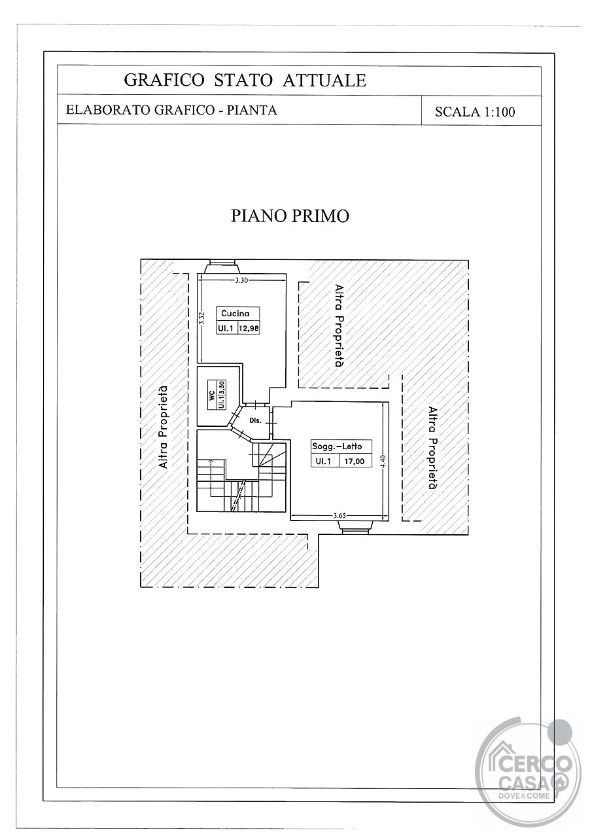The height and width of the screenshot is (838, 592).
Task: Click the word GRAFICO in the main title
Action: coord(164,80)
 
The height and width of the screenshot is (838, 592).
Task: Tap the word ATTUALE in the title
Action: coord(324,80)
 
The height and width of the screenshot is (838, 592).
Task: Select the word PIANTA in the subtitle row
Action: coord(252,110)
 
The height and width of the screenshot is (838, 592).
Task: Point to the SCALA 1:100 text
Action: coord(475,112)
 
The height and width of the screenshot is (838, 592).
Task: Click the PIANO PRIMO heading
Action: coord(290,216)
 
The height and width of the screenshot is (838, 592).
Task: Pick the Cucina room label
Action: coord(235,314)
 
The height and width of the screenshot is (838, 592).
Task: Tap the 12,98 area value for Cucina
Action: coord(249,329)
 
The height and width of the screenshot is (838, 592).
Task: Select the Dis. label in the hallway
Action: coord(255,421)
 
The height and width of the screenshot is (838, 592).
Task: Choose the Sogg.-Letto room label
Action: coord(337,446)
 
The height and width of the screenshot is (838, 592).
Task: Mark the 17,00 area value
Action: coord(355,462)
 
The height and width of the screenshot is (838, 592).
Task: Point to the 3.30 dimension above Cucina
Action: coord(241,280)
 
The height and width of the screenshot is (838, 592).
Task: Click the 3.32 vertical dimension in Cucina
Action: coord(201,318)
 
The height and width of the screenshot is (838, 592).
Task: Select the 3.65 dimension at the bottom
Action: coord(340,515)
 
